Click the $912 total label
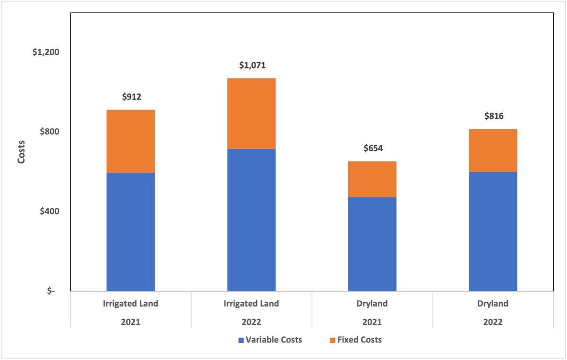click(x=131, y=97)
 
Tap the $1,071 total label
click(x=251, y=65)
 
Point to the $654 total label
click(x=372, y=148)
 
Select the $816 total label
click(x=493, y=116)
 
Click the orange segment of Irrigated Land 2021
click(x=131, y=141)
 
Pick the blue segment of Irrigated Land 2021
click(x=131, y=231)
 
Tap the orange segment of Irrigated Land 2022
click(x=251, y=113)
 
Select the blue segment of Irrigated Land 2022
click(x=251, y=220)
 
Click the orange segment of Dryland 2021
click(x=372, y=179)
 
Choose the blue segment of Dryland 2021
click(x=372, y=244)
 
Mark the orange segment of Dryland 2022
click(x=493, y=150)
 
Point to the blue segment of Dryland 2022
click(x=493, y=231)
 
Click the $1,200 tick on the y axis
click(x=45, y=52)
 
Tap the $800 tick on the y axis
click(x=49, y=132)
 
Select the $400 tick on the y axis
click(x=49, y=211)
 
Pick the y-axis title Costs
click(x=21, y=152)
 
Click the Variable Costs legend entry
click(x=270, y=340)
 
